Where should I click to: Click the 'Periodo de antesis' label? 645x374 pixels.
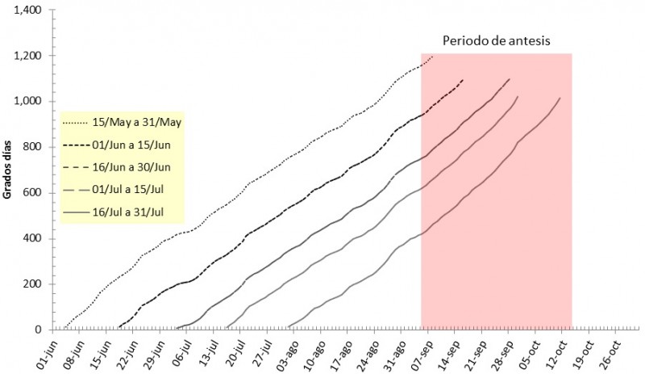tap(496, 40)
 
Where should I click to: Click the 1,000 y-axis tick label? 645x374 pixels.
tap(28, 101)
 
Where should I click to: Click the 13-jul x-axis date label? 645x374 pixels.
tap(205, 351)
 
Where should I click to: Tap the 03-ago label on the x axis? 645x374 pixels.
tap(285, 351)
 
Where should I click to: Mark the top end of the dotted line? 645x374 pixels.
tap(433, 57)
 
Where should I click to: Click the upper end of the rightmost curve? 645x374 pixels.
tap(560, 99)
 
